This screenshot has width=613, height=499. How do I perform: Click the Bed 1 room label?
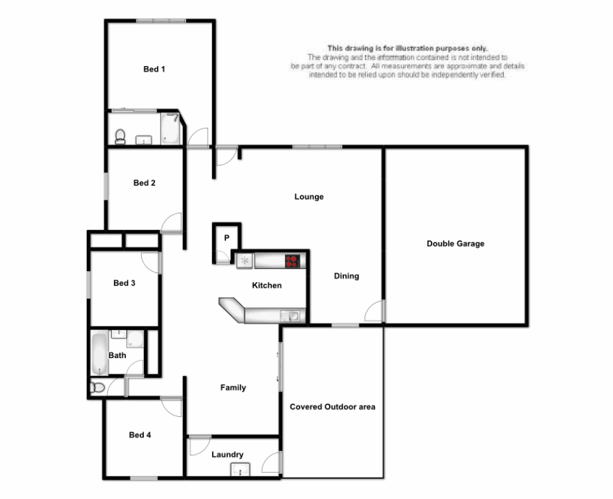(x=154, y=69)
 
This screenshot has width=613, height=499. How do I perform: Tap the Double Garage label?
(x=455, y=244)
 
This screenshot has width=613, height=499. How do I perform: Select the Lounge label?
(x=309, y=197)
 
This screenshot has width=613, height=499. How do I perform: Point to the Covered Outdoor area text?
(x=332, y=407)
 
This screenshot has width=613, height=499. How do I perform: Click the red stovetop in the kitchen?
(x=293, y=261)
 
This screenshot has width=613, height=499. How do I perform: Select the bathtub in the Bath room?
(x=99, y=354)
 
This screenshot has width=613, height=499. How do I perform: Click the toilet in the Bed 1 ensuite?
(x=120, y=136)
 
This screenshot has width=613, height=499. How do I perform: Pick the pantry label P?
(x=227, y=238)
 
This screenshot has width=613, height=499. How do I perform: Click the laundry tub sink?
(x=240, y=471)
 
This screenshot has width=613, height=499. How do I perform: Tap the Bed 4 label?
(x=140, y=435)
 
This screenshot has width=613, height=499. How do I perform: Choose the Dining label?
(x=346, y=276)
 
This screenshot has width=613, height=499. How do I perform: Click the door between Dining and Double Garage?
(x=375, y=311)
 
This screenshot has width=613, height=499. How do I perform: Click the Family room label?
(x=233, y=388)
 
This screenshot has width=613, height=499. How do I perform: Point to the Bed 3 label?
(x=124, y=283)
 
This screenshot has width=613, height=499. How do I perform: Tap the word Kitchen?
(x=266, y=286)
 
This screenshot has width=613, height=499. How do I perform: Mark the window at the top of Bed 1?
(x=160, y=21)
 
